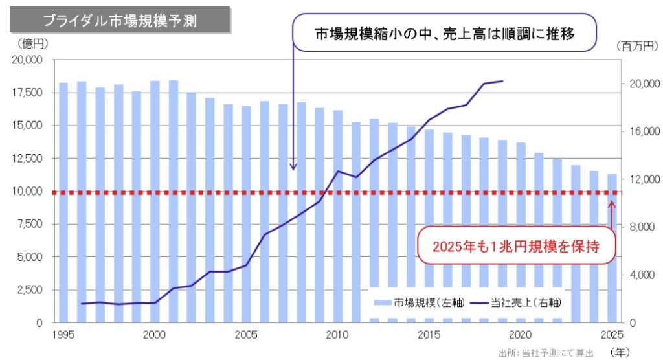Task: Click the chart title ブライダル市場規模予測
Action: [120, 20]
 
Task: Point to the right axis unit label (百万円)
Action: [636, 46]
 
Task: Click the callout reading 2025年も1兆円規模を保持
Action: [514, 246]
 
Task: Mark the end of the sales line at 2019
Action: [502, 81]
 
